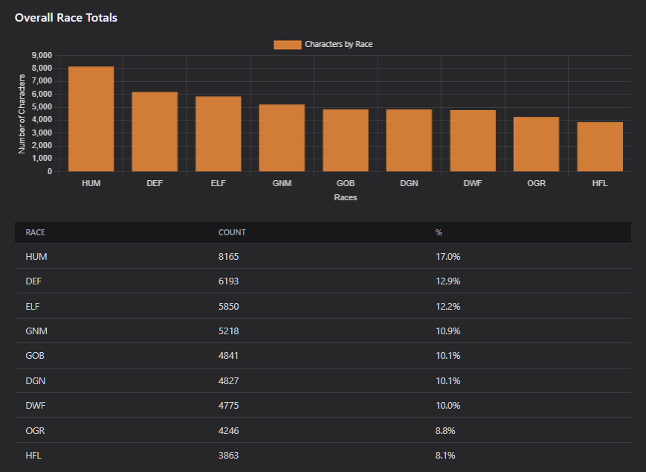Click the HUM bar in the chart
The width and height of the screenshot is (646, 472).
(x=91, y=119)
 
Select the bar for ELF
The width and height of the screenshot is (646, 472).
(x=219, y=134)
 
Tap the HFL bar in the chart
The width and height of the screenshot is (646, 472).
(x=600, y=147)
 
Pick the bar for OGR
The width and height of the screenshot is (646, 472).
(x=537, y=144)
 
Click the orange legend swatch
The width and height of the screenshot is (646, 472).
(x=288, y=45)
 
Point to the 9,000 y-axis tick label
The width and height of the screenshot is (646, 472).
(x=42, y=55)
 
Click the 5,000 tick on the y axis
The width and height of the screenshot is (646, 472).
(x=42, y=107)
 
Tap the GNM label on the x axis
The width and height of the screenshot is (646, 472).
(x=282, y=183)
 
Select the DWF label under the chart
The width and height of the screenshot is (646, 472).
(x=473, y=183)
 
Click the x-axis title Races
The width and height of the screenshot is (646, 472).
(x=345, y=197)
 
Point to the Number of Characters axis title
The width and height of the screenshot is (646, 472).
(x=22, y=114)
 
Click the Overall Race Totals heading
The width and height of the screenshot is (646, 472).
(x=66, y=18)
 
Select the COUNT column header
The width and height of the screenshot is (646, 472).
(x=232, y=232)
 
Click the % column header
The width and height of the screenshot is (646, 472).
(x=439, y=232)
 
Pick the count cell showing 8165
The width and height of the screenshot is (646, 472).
(x=229, y=257)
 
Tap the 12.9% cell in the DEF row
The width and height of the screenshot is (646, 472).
(x=448, y=281)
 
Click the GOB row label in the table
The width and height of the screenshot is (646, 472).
(x=35, y=356)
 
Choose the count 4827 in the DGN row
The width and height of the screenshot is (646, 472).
(x=229, y=381)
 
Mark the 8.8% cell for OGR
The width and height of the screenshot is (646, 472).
(x=445, y=431)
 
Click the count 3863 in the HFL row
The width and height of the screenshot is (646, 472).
(x=229, y=456)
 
